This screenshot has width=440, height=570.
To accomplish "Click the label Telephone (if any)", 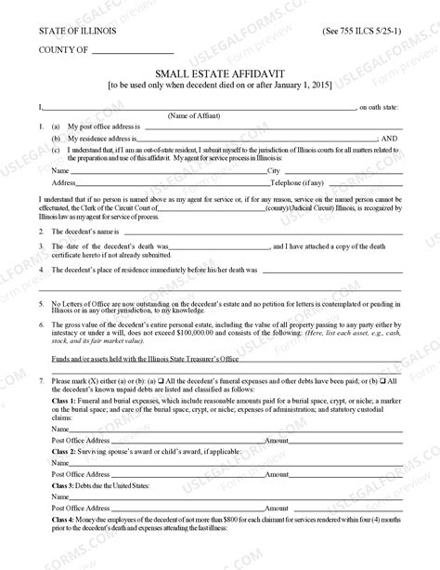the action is click(298, 183).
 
